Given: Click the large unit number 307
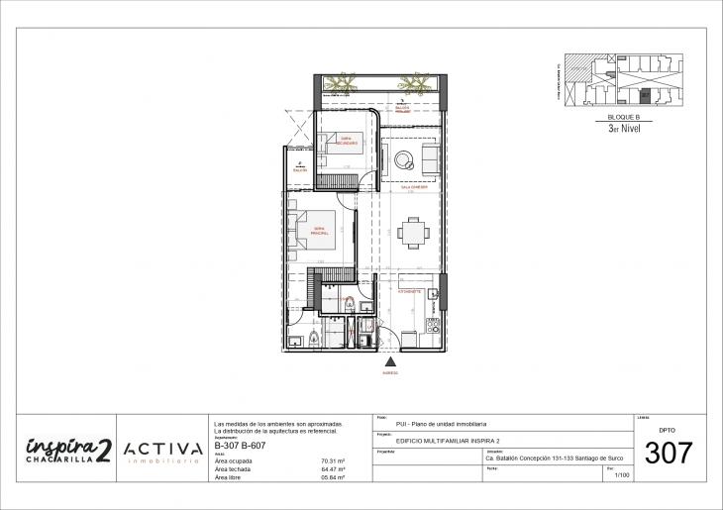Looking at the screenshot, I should click(670, 454).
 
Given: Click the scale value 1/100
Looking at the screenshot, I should click(622, 476).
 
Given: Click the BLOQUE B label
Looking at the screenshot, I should click(624, 117).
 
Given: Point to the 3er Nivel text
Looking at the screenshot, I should click(624, 128).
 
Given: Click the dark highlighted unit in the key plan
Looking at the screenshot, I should click(646, 96).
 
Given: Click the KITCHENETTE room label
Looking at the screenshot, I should click(410, 293).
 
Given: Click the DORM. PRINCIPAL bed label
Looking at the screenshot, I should click(319, 231).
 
